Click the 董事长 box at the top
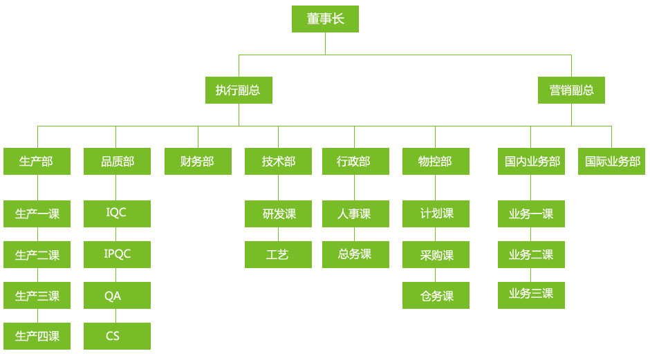pos(325,19)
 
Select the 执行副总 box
pos(239,90)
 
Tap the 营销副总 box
pos(571,90)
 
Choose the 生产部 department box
pos(37,161)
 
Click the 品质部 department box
pos(117,161)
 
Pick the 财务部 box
pos(198,161)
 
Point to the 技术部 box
pos(278,161)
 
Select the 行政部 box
pos(354,161)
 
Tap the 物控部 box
pos(436,161)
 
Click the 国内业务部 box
pos(531,161)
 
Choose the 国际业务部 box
pos(612,161)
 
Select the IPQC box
pos(117,254)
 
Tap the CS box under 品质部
pos(117,336)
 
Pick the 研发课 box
pos(278,214)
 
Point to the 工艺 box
pos(278,254)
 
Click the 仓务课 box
pos(436,296)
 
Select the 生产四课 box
pos(37,336)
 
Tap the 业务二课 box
pos(531,254)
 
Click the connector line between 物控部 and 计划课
pos(436,187)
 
